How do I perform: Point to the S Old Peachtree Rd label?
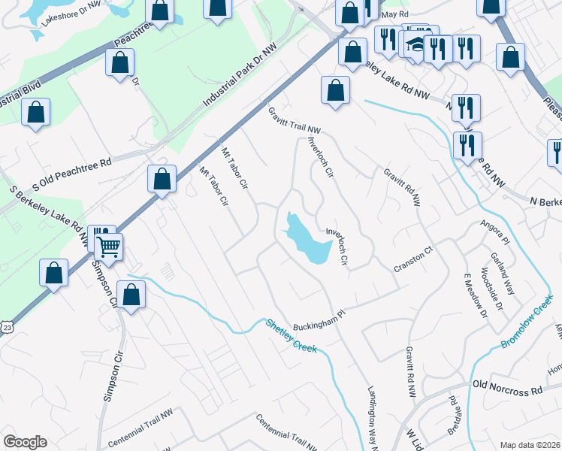pos(71,174)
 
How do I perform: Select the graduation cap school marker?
pos(414,44)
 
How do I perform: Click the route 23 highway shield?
pos(7,328)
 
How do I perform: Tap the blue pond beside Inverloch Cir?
pos(307,238)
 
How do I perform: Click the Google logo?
pos(25,442)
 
